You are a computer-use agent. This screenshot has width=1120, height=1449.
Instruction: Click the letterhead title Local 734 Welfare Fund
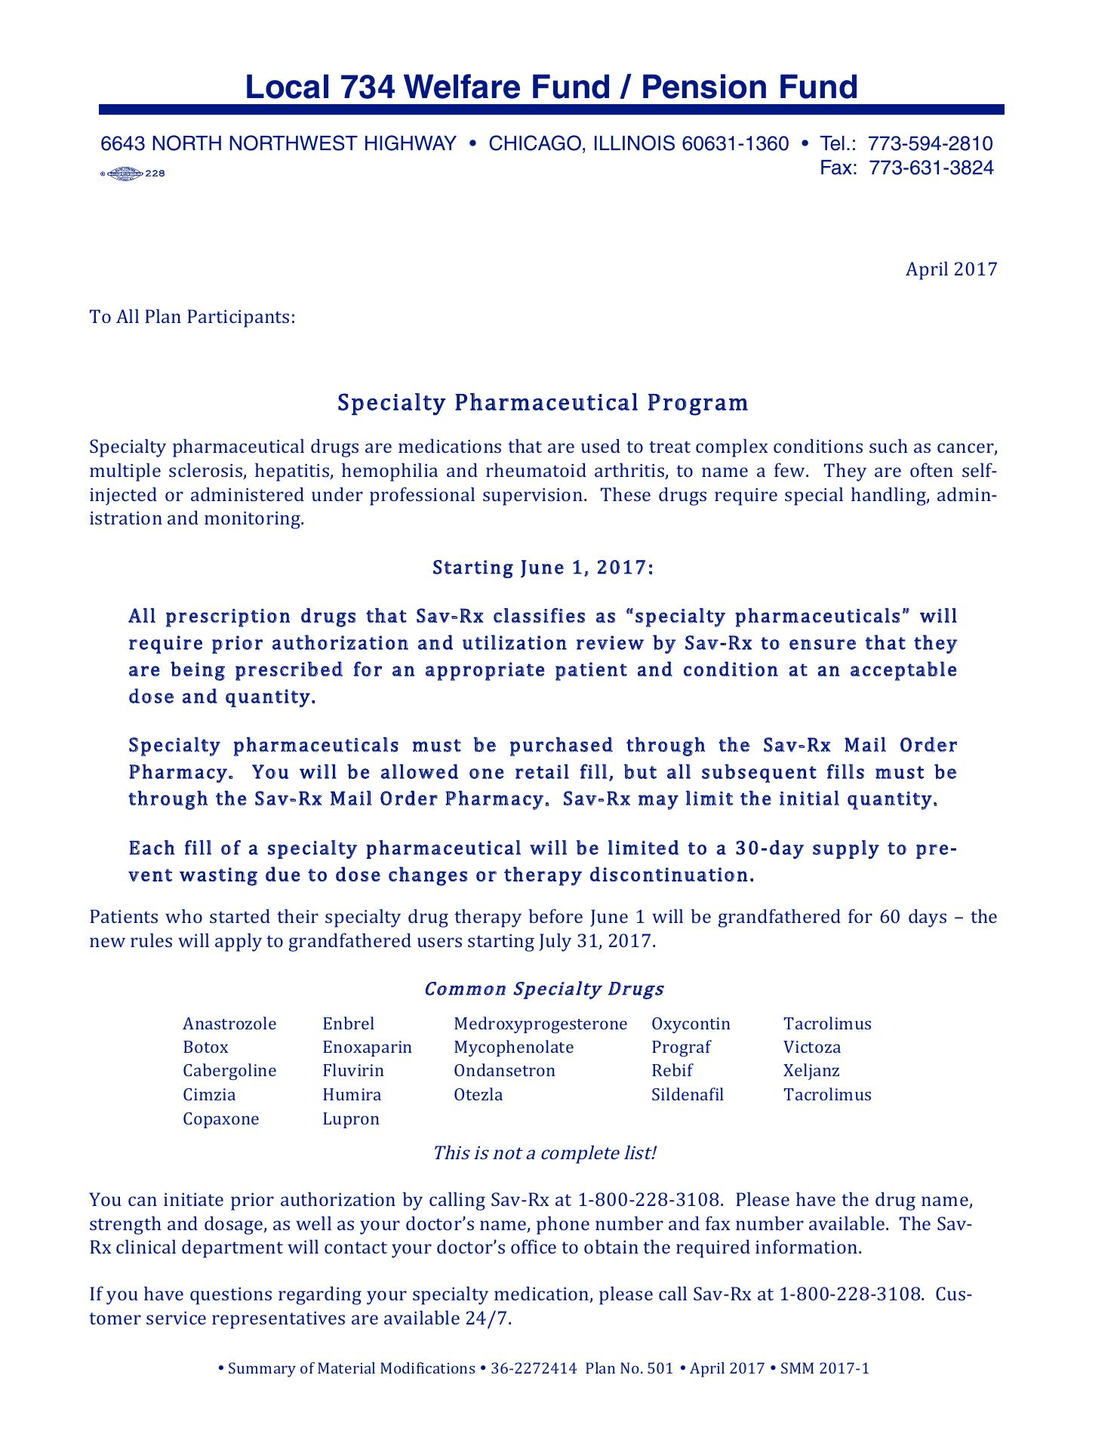coord(551,88)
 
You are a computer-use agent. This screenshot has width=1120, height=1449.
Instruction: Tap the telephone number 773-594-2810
coord(930,143)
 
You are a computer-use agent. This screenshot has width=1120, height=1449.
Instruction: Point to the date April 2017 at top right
coord(951,269)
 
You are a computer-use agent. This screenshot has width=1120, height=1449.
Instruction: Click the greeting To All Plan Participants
coord(192,316)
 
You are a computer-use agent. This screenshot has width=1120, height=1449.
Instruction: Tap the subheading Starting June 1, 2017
coord(542,568)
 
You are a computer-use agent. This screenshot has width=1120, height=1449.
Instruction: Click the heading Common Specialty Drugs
coord(543,989)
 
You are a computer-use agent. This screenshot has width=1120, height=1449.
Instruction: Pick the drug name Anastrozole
coord(229,1024)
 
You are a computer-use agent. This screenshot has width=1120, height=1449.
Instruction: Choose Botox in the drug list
coord(205,1048)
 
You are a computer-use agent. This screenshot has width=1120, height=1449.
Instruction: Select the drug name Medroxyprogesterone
coord(540,1024)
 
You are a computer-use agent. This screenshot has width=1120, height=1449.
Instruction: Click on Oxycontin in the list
coord(691,1024)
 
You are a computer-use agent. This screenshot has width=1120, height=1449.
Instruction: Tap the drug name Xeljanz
coord(811,1071)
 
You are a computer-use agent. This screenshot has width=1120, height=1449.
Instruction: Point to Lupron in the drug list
coord(350,1118)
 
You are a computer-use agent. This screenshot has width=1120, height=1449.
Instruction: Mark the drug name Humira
coord(352,1095)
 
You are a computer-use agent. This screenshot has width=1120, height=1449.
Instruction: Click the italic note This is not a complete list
coord(544,1153)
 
